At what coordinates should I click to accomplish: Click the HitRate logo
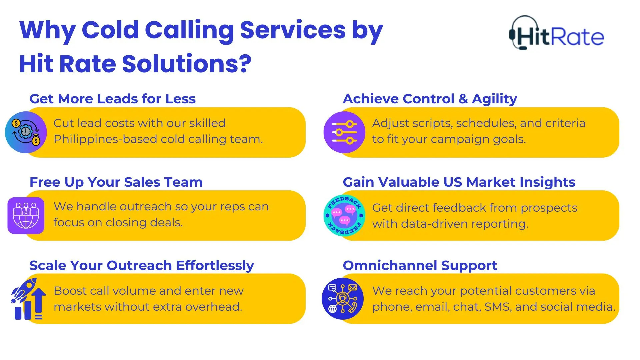click(x=557, y=33)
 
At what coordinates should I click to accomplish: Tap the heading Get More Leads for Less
click(x=112, y=99)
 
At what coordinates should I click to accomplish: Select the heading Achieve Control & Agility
click(x=430, y=99)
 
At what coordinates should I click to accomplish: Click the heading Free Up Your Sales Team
click(x=116, y=182)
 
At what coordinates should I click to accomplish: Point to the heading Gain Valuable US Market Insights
click(x=459, y=182)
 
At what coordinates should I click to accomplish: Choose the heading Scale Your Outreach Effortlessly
click(x=142, y=265)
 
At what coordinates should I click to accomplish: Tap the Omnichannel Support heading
click(x=420, y=265)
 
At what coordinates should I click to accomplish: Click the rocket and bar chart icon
click(x=28, y=299)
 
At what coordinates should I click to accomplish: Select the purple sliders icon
click(x=344, y=132)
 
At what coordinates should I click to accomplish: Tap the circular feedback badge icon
click(x=344, y=215)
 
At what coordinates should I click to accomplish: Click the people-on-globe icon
click(x=26, y=215)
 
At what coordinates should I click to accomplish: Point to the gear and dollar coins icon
click(x=26, y=132)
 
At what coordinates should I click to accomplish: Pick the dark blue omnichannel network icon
click(x=343, y=299)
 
